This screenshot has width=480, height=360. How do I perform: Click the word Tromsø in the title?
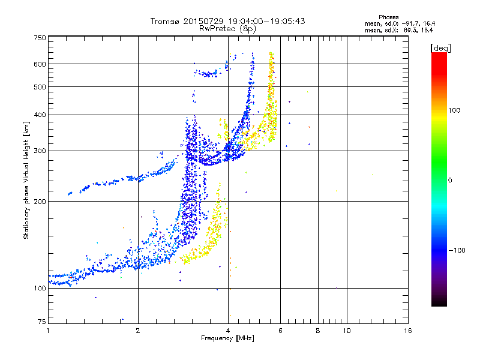pyautogui.click(x=164, y=21)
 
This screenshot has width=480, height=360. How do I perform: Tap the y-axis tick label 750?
pyautogui.click(x=40, y=37)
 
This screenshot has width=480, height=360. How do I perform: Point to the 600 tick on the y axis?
pyautogui.click(x=40, y=64)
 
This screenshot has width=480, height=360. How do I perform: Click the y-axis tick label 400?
pyautogui.click(x=40, y=115)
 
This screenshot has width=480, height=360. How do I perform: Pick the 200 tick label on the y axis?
pyautogui.click(x=40, y=201)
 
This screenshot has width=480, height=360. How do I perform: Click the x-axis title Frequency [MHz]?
pyautogui.click(x=227, y=338)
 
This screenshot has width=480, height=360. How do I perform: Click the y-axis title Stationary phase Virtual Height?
pyautogui.click(x=26, y=180)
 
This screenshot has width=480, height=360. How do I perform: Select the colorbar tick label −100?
pyautogui.click(x=458, y=250)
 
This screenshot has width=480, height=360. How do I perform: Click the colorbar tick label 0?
pyautogui.click(x=451, y=180)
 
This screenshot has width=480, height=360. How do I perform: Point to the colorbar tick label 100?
pyautogui.click(x=455, y=110)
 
